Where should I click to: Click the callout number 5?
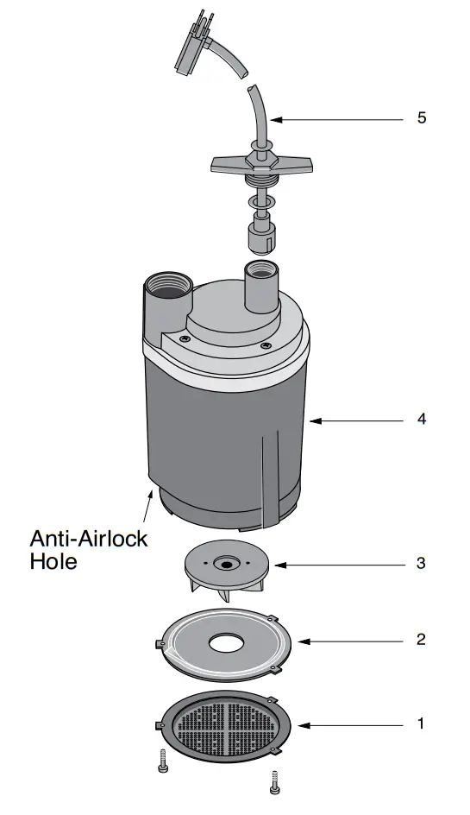(x=421, y=117)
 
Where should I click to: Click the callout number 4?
(x=421, y=419)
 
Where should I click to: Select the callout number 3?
(x=421, y=563)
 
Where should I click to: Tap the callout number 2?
(x=421, y=640)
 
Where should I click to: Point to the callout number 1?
(x=421, y=723)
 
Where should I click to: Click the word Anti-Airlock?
(x=89, y=540)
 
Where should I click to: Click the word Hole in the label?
(x=53, y=561)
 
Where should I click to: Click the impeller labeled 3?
(x=227, y=570)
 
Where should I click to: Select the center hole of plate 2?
(x=227, y=644)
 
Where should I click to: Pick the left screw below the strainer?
(x=163, y=760)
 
